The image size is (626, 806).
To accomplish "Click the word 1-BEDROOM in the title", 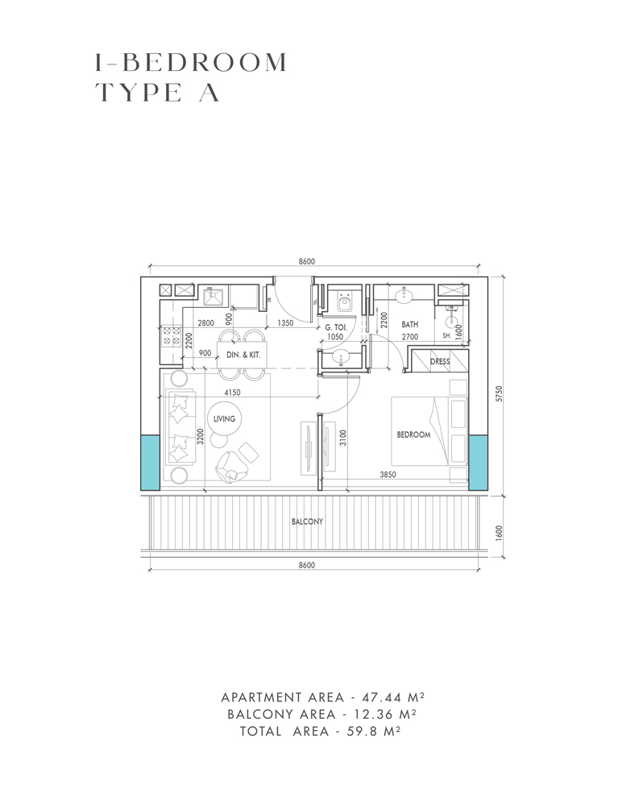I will [x=190, y=62].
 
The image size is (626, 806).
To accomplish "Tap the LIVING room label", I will [x=225, y=419].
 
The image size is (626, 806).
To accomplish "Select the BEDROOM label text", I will [x=413, y=434].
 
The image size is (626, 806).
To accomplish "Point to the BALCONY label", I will [x=307, y=521].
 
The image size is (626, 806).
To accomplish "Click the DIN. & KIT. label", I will [x=242, y=355].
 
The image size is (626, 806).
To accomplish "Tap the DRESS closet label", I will [x=440, y=362].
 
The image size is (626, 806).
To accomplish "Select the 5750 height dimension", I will [x=500, y=394].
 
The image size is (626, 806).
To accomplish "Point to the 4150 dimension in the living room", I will [x=234, y=393].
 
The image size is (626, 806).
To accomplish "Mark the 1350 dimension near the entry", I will [x=284, y=323].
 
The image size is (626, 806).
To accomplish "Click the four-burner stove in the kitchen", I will [x=171, y=334].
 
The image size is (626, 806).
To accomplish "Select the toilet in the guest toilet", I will [x=344, y=304].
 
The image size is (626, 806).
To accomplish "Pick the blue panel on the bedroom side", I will [x=479, y=462].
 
